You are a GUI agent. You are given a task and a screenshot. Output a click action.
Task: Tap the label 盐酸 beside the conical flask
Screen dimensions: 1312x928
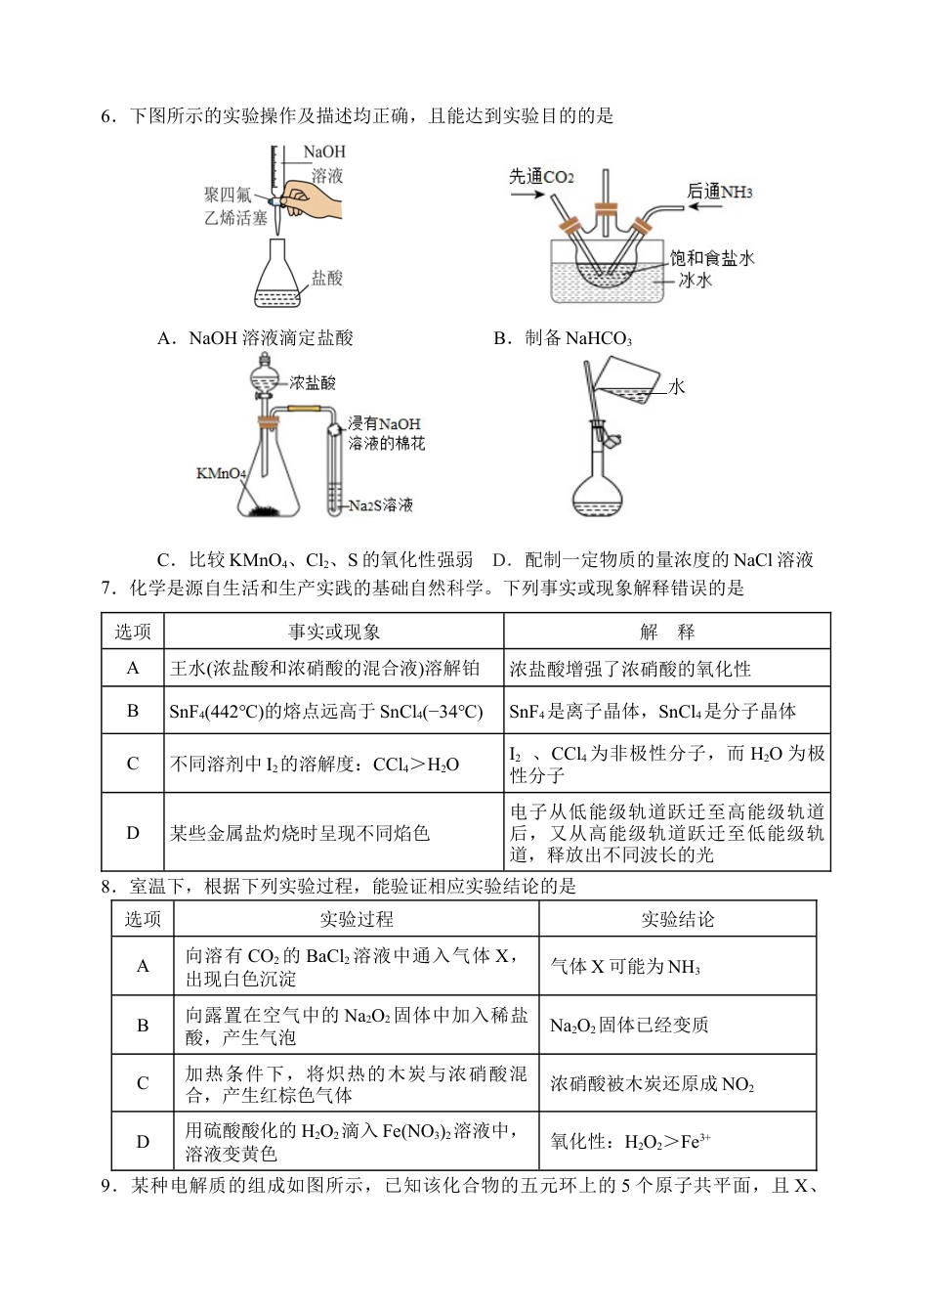(327, 279)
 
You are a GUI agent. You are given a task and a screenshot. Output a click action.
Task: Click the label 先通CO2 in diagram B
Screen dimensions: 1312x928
(541, 177)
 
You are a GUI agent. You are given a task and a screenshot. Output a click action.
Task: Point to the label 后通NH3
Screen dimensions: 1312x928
(720, 192)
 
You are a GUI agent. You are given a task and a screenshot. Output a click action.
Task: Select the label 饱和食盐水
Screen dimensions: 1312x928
(712, 258)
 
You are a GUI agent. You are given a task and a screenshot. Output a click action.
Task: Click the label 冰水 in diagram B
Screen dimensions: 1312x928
(696, 281)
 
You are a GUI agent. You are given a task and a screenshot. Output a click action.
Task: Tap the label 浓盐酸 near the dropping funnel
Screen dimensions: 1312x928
(313, 383)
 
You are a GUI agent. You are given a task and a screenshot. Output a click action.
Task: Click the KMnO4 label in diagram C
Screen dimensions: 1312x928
(221, 474)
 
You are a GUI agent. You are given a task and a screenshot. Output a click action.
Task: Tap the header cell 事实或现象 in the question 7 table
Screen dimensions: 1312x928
(334, 633)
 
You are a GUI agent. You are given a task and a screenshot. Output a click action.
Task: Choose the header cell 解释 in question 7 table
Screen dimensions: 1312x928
(667, 633)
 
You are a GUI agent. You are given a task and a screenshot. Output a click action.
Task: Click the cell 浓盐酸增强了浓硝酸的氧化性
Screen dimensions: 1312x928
(630, 670)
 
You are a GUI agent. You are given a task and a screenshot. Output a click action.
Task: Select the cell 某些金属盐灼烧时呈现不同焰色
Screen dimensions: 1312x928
(300, 834)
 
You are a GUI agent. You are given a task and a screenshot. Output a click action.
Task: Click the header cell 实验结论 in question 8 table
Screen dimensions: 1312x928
(677, 920)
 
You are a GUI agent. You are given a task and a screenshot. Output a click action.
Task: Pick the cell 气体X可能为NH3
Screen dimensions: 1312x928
(625, 967)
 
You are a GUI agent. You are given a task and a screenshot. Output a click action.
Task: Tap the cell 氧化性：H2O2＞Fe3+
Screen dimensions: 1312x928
(630, 1142)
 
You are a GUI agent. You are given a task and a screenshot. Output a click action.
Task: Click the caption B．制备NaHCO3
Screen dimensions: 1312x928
(563, 338)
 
